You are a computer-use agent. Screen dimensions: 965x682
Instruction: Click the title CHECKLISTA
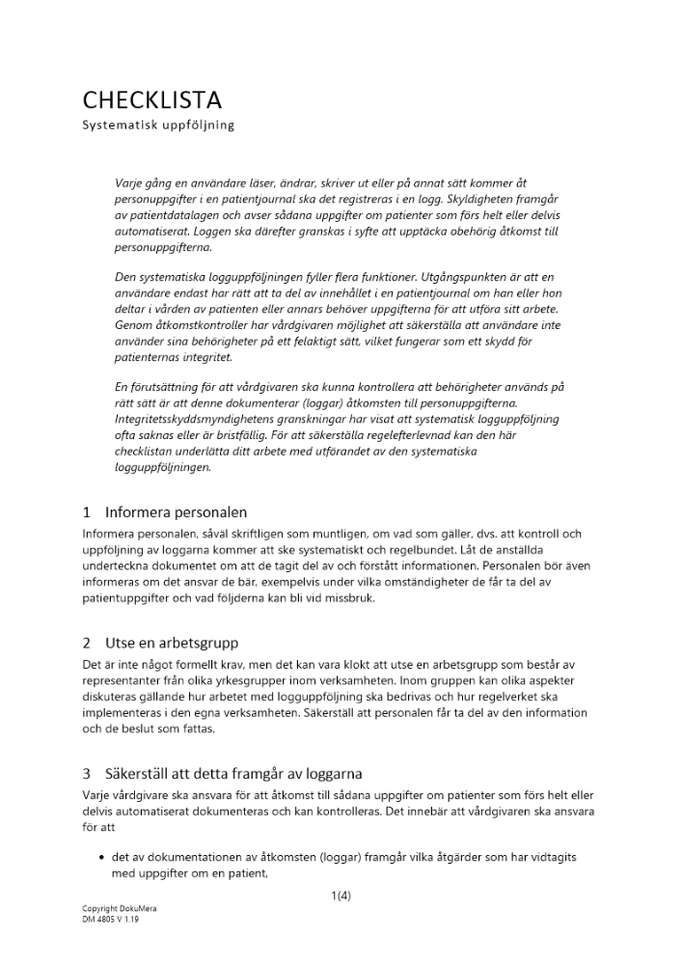tap(151, 100)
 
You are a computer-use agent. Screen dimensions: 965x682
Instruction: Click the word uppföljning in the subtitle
tap(197, 125)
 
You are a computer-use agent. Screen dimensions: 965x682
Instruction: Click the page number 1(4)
tap(341, 896)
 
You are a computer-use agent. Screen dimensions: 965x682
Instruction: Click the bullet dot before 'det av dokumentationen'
tap(101, 857)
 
